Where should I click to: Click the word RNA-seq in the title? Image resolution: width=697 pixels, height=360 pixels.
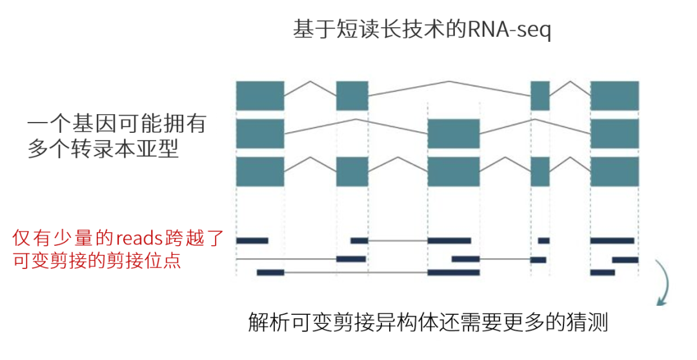click(510, 31)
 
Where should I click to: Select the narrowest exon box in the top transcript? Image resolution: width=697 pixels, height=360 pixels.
click(540, 95)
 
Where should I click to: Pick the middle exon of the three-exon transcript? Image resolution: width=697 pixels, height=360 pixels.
click(454, 134)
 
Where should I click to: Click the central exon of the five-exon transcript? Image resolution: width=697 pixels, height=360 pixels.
click(454, 172)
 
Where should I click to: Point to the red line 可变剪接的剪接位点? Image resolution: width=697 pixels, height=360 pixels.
click(97, 261)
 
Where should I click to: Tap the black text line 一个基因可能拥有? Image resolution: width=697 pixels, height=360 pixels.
click(116, 123)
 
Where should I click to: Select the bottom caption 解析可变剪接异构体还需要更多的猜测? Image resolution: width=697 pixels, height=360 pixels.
click(428, 322)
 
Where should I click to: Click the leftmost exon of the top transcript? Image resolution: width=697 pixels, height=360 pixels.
click(260, 95)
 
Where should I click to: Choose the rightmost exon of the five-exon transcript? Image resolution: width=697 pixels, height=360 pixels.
click(614, 172)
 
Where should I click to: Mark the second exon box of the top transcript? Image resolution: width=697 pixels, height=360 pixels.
click(352, 95)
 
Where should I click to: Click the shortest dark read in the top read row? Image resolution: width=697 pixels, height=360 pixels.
click(544, 241)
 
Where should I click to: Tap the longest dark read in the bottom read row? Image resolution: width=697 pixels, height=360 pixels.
click(454, 272)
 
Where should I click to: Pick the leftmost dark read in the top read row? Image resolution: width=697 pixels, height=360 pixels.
click(252, 241)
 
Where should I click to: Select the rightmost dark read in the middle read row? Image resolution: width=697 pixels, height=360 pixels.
click(625, 259)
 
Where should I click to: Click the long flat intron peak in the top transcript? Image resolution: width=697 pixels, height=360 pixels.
click(449, 83)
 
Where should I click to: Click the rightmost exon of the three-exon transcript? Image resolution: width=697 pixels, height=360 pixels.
click(614, 134)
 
